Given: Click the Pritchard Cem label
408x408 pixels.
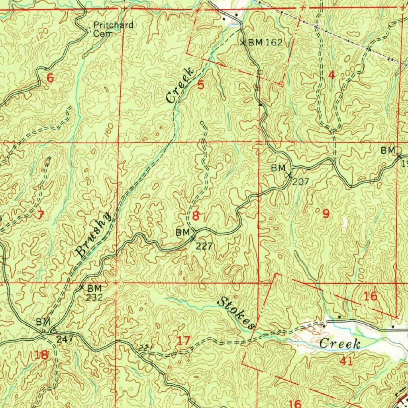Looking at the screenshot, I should point(113,29).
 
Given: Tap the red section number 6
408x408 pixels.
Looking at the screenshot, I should point(50,78).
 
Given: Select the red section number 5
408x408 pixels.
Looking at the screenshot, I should point(201,84).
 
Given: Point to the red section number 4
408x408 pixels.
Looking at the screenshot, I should point(331,75).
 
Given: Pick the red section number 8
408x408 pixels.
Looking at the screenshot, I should point(195,216).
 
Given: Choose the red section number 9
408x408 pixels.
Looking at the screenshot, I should point(326,214).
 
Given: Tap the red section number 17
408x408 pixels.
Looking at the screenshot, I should point(184,341).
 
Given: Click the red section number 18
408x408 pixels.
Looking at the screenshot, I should point(41,355).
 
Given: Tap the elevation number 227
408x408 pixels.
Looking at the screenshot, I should point(204,246).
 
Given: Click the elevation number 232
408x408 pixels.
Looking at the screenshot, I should point(95,297).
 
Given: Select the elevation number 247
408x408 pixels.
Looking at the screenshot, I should point(64,339).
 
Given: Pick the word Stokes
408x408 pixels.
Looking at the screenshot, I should point(235,313).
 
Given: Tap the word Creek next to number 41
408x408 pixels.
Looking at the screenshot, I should point(340,343).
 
